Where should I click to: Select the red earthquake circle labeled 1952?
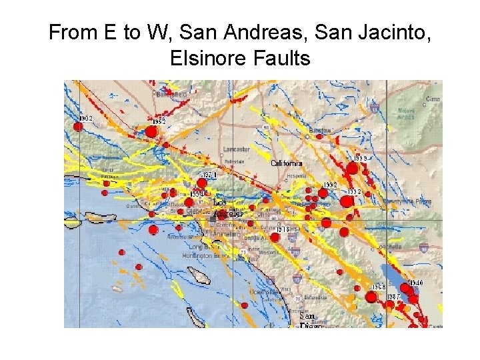coord(151,132)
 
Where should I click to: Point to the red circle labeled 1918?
coord(275,237)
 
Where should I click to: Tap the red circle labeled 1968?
coord(371,297)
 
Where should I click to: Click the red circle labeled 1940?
coord(406,289)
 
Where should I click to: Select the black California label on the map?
coord(286,163)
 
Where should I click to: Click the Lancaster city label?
coord(237,149)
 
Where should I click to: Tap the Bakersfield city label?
coord(170,95)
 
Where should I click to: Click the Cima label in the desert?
coord(433,99)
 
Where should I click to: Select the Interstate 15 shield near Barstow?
coord(375,107)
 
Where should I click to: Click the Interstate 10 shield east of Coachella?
coord(423,247)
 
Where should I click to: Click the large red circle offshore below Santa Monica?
coord(153,230)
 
